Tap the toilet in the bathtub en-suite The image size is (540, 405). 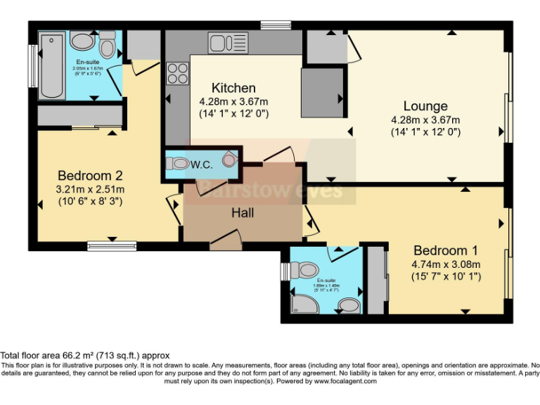click(107, 47)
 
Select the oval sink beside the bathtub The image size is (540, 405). click(84, 42)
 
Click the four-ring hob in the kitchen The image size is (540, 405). click(176, 73)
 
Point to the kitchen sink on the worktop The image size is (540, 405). click(225, 42)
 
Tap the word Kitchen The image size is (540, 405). click(233, 88)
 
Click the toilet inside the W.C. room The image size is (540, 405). click(179, 163)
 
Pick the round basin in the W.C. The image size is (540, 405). click(229, 160)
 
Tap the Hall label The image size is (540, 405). click(243, 212)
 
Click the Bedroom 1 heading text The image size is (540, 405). click(445, 250)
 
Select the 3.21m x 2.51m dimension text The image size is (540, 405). click(91, 189)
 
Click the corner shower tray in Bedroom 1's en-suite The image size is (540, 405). click(304, 303)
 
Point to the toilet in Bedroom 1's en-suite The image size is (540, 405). click(306, 270)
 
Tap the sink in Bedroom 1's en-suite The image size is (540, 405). click(348, 305)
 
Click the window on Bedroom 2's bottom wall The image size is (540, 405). click(111, 245)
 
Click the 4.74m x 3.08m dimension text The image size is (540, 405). click(446, 264)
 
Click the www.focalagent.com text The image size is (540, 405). click(345, 381)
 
